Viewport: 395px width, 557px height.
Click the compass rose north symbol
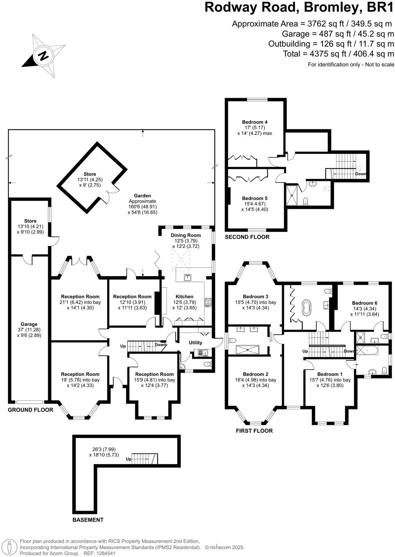43,56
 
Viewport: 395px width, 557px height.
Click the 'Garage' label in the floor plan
29,324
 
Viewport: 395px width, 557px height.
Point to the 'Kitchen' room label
184,296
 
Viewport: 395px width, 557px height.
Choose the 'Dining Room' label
186,235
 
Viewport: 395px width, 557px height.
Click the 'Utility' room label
195,343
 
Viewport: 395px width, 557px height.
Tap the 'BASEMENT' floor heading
88,520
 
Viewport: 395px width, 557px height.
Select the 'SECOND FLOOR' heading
247,237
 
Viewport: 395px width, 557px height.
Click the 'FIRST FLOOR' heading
254,431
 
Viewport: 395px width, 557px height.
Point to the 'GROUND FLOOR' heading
31,410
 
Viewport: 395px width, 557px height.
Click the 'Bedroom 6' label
365,303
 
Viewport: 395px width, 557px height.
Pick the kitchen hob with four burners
208,302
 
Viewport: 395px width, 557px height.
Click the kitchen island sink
187,278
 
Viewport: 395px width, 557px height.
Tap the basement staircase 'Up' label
128,459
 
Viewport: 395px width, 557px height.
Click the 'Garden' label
142,196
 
